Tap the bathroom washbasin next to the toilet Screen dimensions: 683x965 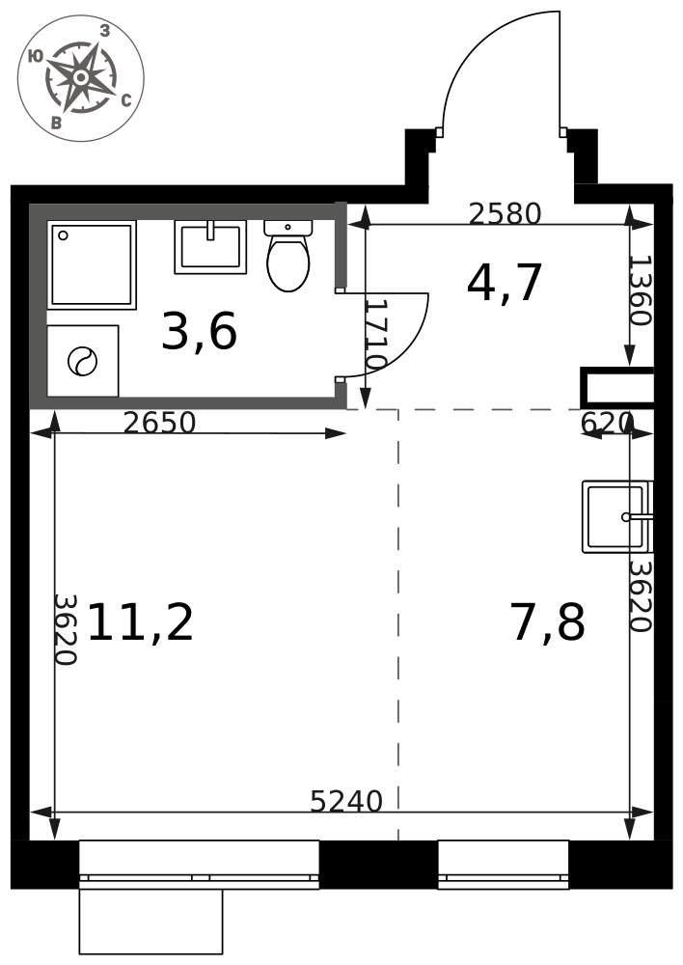(x=210, y=247)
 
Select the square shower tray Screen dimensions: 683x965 (x=92, y=264)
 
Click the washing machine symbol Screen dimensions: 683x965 (x=82, y=361)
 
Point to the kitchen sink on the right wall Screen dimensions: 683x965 (x=617, y=516)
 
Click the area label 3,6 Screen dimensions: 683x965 (x=199, y=332)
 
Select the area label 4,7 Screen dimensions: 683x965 (x=505, y=283)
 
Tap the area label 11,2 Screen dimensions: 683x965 (x=141, y=622)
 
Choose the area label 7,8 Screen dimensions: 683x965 (x=547, y=622)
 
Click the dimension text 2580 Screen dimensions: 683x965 (x=505, y=213)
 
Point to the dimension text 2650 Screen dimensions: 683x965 (x=159, y=423)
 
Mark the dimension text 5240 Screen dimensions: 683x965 (x=346, y=801)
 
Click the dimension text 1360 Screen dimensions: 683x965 (x=640, y=290)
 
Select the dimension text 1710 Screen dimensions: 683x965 (x=374, y=334)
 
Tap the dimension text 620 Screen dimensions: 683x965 (x=607, y=423)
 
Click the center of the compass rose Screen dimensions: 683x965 (x=81, y=78)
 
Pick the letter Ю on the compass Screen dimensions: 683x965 (x=36, y=57)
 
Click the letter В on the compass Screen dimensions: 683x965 (x=57, y=123)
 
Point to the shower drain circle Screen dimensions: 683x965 (x=63, y=235)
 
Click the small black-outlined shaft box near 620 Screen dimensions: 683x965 (x=616, y=387)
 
